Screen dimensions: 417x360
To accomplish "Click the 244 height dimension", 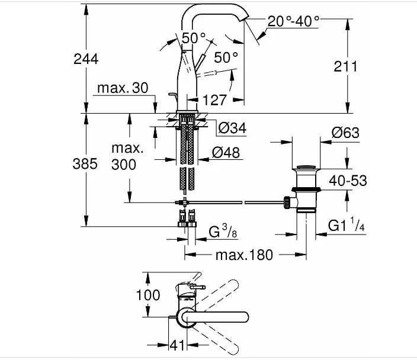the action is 86,59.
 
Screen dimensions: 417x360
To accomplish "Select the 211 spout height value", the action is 345,66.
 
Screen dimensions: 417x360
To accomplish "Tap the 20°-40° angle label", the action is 293,21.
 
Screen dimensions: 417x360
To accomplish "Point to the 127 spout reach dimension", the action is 214,100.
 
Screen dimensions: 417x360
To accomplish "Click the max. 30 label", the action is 123,88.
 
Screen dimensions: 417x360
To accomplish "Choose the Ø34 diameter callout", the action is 232,128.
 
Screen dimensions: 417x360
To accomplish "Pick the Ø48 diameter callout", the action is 226,153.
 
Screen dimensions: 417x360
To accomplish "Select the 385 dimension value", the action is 85,163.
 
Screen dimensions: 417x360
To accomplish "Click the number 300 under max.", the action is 124,165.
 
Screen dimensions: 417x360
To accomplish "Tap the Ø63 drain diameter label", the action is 345,133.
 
